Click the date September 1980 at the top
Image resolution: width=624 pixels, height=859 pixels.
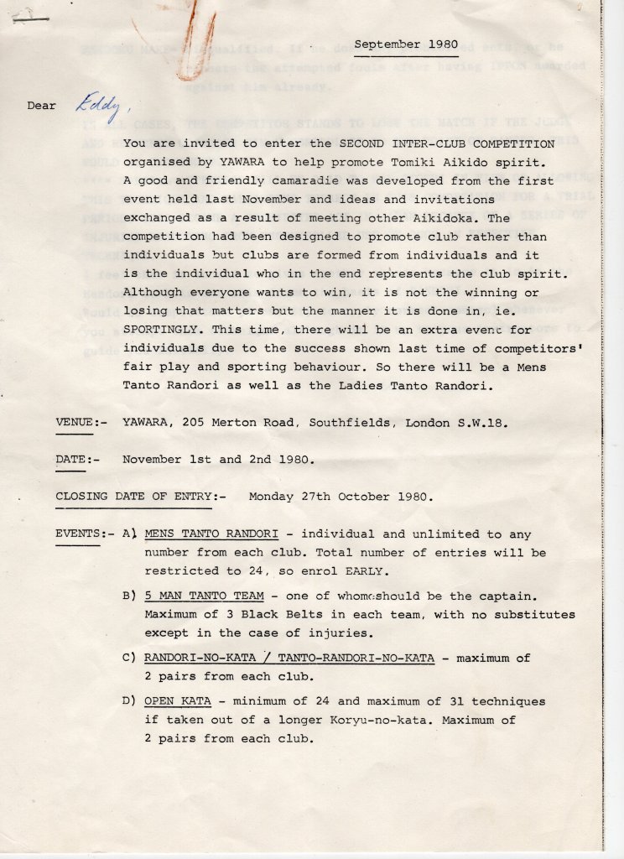(406, 44)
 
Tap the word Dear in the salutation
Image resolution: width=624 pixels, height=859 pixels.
(41, 107)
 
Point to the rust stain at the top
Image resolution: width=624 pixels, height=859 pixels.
(190, 38)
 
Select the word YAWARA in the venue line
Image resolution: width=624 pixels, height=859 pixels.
(148, 423)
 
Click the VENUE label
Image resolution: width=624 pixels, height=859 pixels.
(75, 423)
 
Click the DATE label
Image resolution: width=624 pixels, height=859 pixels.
(71, 460)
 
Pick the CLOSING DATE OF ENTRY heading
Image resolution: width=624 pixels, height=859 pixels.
(134, 497)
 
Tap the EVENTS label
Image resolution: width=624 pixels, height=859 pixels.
(78, 534)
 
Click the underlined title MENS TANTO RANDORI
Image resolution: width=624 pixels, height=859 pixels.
(217, 534)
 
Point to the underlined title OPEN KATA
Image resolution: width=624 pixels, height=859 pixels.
(177, 701)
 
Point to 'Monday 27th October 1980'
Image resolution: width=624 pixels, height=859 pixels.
(341, 497)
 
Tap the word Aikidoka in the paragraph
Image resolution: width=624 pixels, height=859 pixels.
(455, 218)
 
